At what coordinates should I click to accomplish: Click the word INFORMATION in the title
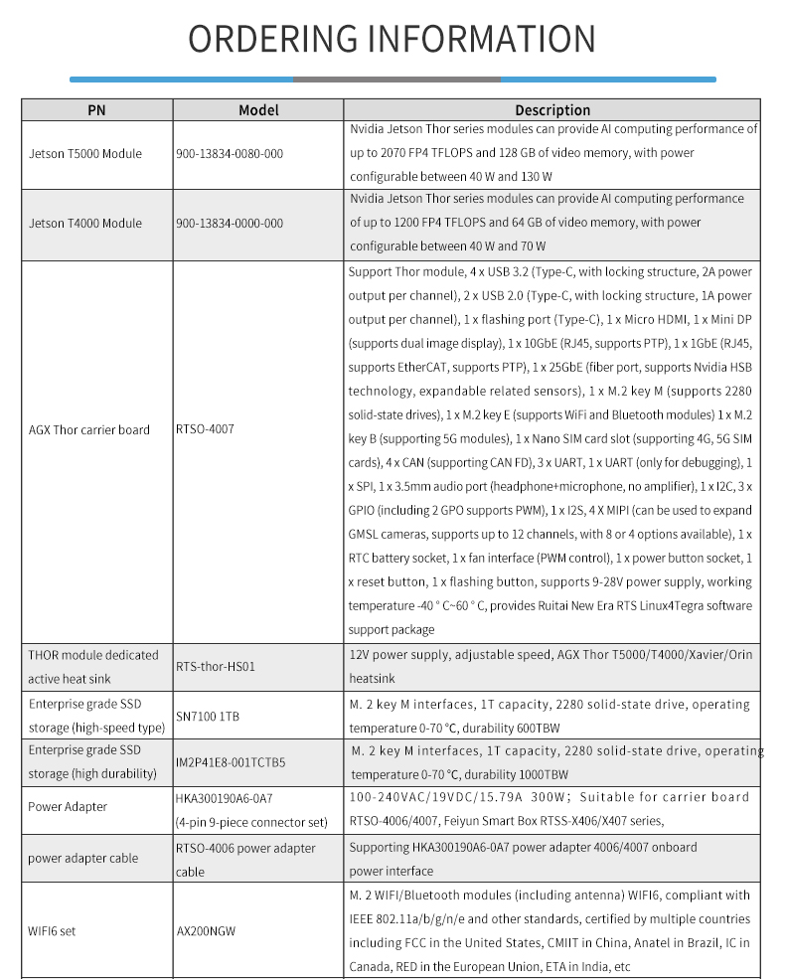pos(482,39)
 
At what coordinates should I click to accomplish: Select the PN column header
pos(96,110)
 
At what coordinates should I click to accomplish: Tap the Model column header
pos(258,110)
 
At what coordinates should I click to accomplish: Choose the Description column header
pos(552,110)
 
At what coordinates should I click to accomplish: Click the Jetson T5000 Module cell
pos(85,154)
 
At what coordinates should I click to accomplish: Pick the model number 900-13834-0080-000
pos(230,154)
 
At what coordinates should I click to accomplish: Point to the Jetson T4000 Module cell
pos(85,224)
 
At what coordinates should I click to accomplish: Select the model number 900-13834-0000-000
pos(230,224)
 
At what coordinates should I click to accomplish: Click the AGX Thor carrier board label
pos(89,430)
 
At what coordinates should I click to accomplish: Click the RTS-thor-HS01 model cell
pos(216,667)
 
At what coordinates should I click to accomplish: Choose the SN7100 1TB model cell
pos(209,716)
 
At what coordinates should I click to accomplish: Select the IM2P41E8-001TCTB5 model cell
pos(231,763)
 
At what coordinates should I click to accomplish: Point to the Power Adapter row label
pos(68,807)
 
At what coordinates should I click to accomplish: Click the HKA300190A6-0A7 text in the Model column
pos(224,798)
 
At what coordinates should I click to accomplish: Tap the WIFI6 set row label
pos(52,932)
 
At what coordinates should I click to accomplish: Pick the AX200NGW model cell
pos(206,932)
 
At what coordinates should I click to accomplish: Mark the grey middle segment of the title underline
pos(396,80)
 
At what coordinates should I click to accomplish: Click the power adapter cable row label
pos(83,859)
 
